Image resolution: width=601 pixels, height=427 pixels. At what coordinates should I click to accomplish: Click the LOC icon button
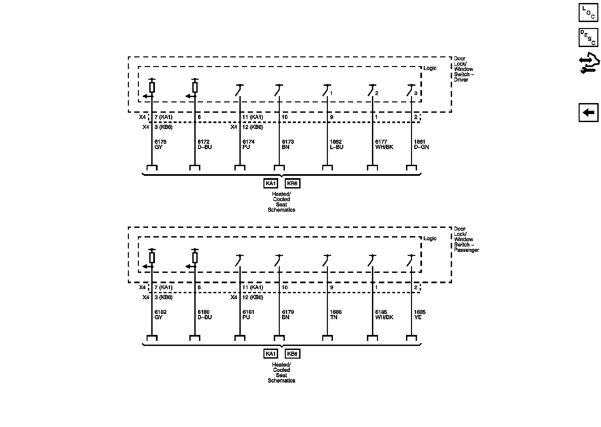pyautogui.click(x=588, y=12)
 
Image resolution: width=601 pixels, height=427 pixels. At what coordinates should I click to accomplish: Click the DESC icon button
pyautogui.click(x=588, y=37)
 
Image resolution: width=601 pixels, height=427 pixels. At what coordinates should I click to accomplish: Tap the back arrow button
pyautogui.click(x=588, y=112)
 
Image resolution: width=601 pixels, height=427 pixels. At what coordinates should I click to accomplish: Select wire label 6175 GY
pyautogui.click(x=160, y=144)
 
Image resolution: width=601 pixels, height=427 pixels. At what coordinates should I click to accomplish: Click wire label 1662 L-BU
pyautogui.click(x=337, y=144)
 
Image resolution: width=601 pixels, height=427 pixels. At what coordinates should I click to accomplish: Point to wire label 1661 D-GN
pyautogui.click(x=421, y=144)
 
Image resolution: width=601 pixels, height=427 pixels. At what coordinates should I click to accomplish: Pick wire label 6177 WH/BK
pyautogui.click(x=384, y=144)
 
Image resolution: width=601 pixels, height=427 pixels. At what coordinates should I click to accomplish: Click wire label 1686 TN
pyautogui.click(x=336, y=315)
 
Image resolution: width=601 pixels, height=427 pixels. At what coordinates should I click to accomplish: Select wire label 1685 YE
pyautogui.click(x=420, y=315)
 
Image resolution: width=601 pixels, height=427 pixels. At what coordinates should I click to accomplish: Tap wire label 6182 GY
pyautogui.click(x=160, y=315)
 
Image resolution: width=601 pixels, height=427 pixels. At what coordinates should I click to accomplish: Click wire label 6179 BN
pyautogui.click(x=288, y=315)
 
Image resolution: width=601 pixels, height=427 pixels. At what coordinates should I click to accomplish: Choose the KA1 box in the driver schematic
pyautogui.click(x=270, y=183)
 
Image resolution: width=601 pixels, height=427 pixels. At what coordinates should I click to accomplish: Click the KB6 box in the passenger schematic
pyautogui.click(x=292, y=354)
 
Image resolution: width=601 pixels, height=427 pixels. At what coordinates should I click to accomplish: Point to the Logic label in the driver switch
pyautogui.click(x=430, y=68)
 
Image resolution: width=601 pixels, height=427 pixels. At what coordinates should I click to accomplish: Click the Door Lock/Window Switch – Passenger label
pyautogui.click(x=466, y=240)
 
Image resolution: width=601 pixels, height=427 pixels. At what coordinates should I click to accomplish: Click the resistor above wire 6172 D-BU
pyautogui.click(x=195, y=87)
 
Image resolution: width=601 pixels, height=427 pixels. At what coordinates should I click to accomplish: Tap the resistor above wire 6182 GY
pyautogui.click(x=152, y=258)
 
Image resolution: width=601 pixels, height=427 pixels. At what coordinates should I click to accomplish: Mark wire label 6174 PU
pyautogui.click(x=248, y=144)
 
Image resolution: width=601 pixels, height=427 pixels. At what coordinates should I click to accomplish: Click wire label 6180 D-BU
pyautogui.click(x=205, y=315)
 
